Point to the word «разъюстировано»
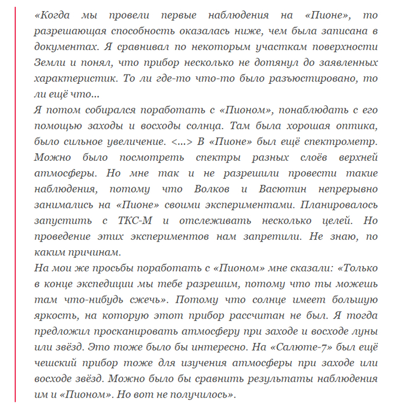[x=323, y=78]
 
